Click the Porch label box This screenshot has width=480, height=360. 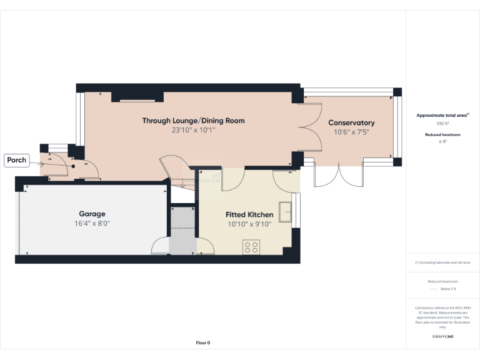coord(17,160)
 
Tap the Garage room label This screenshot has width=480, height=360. coord(92,213)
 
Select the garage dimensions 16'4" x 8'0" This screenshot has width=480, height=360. coord(92,223)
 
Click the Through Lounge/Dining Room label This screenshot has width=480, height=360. coord(193,121)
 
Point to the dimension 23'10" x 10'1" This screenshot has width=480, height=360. coord(193,131)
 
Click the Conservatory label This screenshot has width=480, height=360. coord(351,123)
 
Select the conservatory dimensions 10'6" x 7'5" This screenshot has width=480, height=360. coord(351,132)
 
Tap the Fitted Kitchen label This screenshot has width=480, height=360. coord(249,214)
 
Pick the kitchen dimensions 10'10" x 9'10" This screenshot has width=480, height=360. coord(249,224)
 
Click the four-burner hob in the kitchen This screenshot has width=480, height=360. coord(251,247)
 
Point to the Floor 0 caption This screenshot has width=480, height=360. coord(203,342)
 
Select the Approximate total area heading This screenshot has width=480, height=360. coord(442,116)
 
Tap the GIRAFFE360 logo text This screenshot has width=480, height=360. coord(442,336)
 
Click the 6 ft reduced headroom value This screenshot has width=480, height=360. coord(442,142)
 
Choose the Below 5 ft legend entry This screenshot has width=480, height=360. coord(442,289)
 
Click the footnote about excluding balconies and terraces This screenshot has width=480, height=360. coord(442,262)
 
